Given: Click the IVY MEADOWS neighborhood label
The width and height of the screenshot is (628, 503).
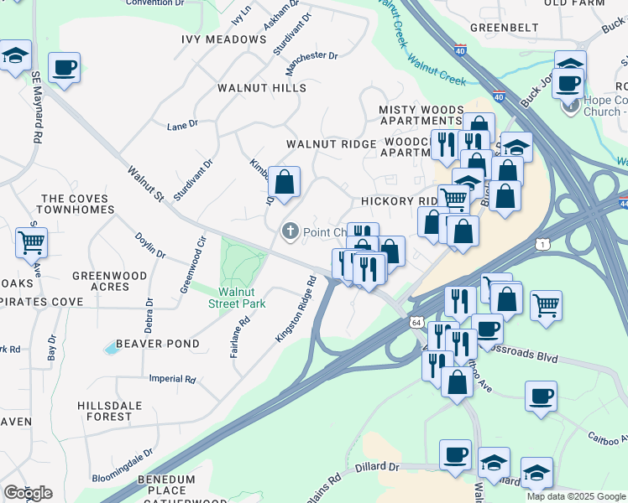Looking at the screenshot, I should tap(224, 39).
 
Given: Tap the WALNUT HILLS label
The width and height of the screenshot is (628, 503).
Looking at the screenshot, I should tap(262, 88).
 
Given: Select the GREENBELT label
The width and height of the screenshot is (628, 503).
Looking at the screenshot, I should tap(504, 27).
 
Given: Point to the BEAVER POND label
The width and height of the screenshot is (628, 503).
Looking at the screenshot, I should tap(158, 344).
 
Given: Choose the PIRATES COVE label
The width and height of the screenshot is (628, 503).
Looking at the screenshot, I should tap(42, 302).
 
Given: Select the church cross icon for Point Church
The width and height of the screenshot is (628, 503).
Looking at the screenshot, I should tap(290, 231).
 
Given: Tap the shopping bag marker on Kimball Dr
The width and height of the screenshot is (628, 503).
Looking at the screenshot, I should tap(284, 182).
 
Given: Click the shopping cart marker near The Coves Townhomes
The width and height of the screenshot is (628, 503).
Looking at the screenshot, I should tap(32, 244).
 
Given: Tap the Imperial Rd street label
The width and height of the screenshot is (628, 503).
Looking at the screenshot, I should tap(172, 379).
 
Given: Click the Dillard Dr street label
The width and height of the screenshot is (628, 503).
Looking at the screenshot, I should tap(381, 466).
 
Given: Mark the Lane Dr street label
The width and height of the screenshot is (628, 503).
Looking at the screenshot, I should tap(181, 124).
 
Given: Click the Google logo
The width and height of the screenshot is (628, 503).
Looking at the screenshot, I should tap(28, 493).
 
